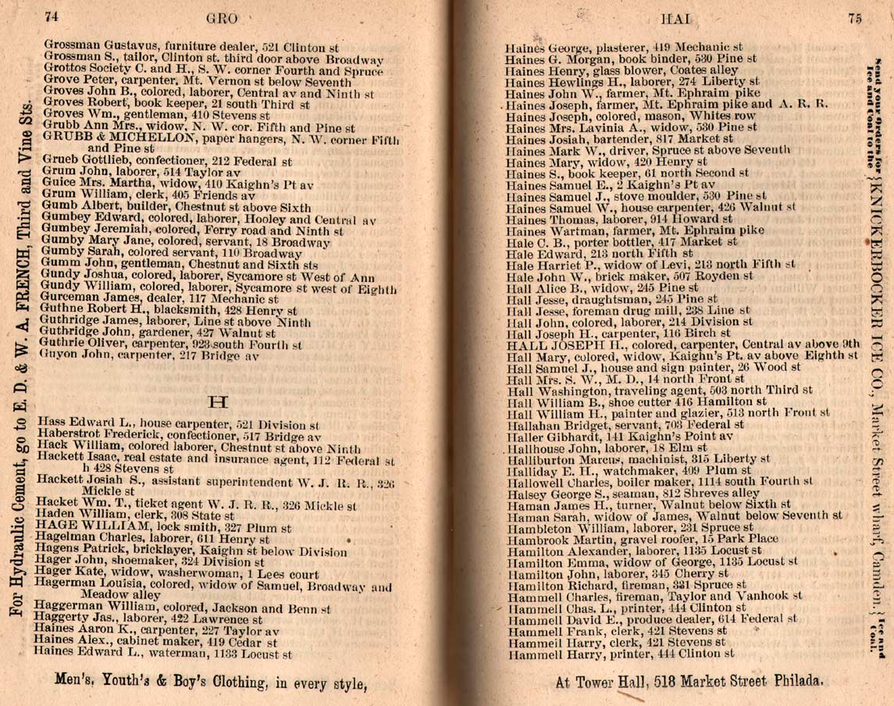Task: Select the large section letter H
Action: (x=219, y=402)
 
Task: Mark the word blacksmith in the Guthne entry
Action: (x=168, y=310)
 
